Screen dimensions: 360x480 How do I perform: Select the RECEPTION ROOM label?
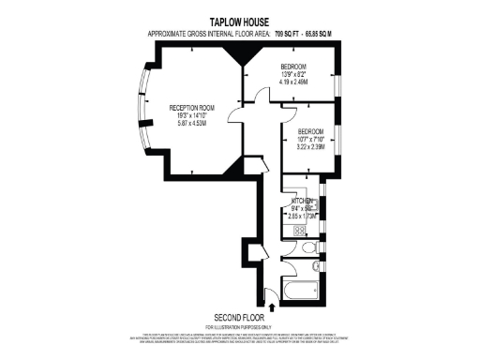[x=191, y=109]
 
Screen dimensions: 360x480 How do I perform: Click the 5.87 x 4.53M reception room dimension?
[x=191, y=126]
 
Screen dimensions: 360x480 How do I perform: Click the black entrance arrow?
[x=272, y=305]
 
